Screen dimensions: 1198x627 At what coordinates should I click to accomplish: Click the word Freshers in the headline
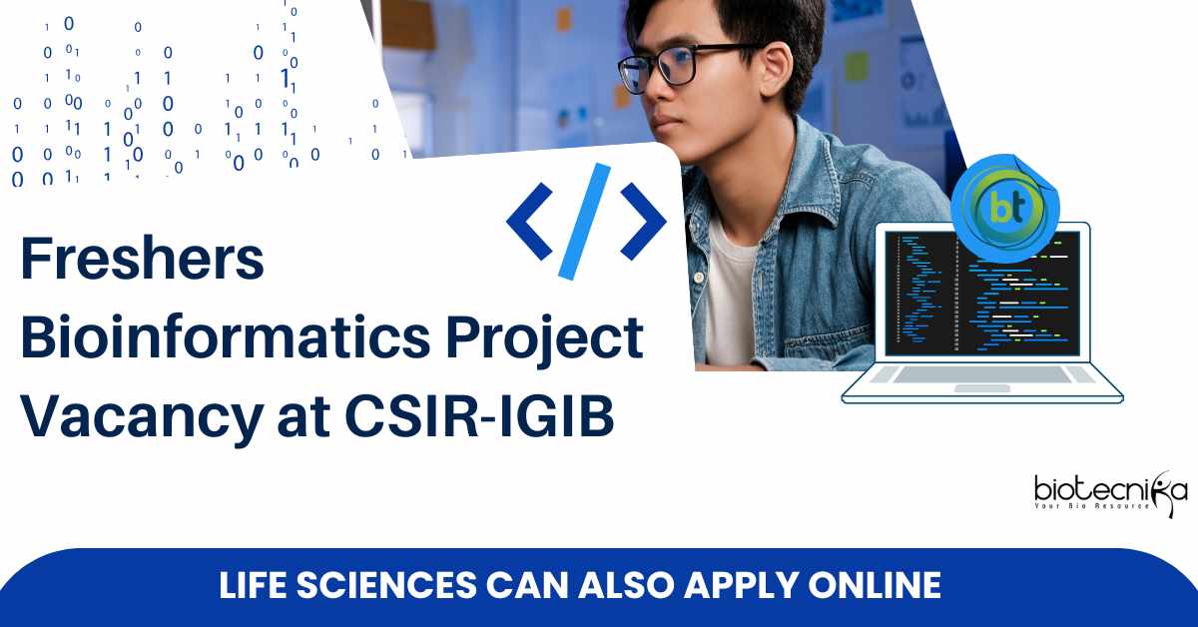[x=142, y=260]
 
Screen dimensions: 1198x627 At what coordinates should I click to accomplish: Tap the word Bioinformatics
[x=226, y=337]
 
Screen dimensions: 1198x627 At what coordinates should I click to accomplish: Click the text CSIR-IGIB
[x=479, y=416]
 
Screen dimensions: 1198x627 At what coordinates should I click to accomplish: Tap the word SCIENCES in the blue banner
[x=386, y=585]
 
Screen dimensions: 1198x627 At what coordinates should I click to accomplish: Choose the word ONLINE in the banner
[x=875, y=585]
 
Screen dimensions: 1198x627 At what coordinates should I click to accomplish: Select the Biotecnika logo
[x=1110, y=493]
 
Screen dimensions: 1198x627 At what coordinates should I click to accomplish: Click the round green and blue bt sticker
[x=1005, y=208]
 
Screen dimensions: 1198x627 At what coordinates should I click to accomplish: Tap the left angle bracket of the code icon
[x=529, y=222]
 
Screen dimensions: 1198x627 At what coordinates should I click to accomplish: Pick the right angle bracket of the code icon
[x=643, y=222]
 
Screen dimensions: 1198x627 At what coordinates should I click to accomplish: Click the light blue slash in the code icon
[x=585, y=222]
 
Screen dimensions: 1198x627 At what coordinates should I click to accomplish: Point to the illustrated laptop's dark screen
[x=983, y=294]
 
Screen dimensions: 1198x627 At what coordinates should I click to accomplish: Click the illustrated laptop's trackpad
[x=982, y=388]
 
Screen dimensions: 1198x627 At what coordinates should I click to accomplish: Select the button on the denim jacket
[x=698, y=278]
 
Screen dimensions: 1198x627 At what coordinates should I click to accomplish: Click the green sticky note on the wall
[x=857, y=66]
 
